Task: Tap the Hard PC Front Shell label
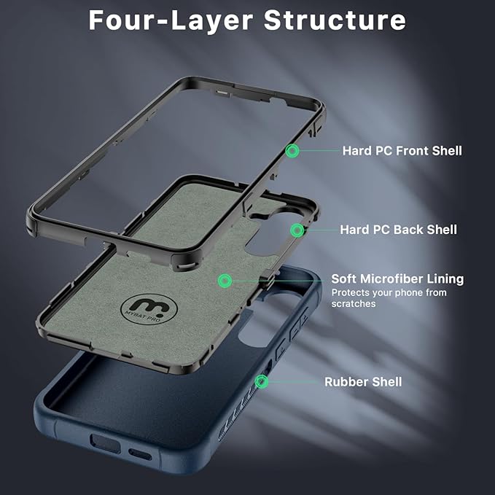tap(402, 151)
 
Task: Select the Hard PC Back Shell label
tap(398, 230)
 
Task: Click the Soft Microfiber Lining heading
tap(397, 279)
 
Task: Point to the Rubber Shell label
tap(363, 382)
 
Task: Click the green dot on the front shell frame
tap(292, 151)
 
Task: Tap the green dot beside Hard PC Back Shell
tap(297, 230)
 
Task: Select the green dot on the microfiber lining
tap(225, 280)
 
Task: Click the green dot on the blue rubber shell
tap(261, 381)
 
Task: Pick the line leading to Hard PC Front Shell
tap(317, 151)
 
